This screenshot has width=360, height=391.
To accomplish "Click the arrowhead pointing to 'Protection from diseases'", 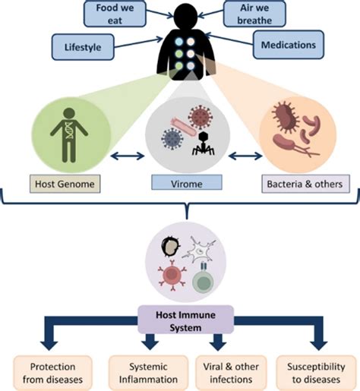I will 48,336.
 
